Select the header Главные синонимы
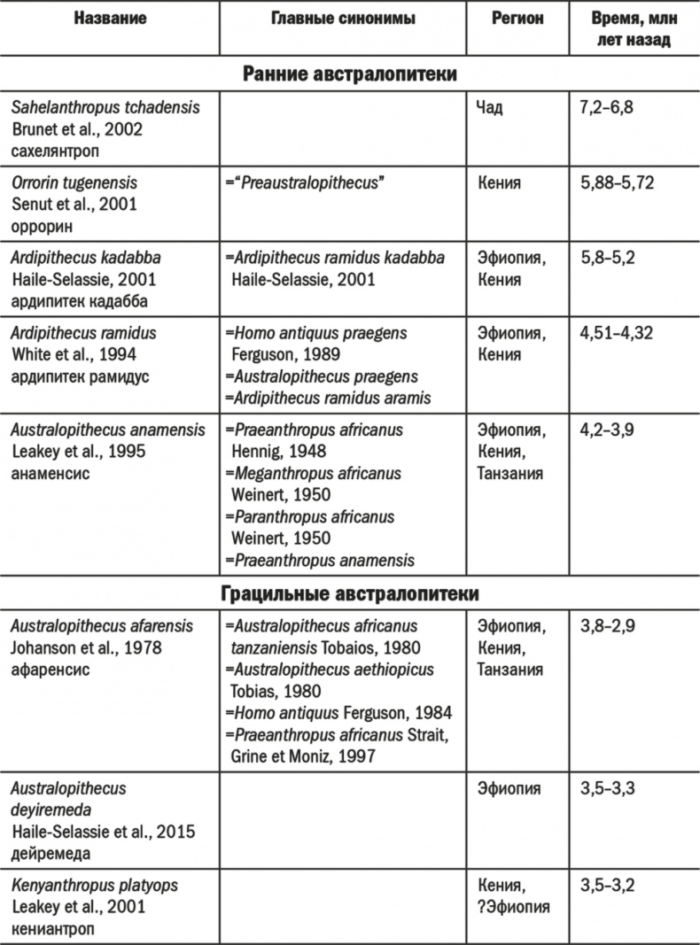tap(342, 19)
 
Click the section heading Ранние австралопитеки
tap(350, 74)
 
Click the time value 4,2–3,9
tap(606, 431)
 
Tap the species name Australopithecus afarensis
tap(102, 626)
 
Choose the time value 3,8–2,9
tap(606, 626)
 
